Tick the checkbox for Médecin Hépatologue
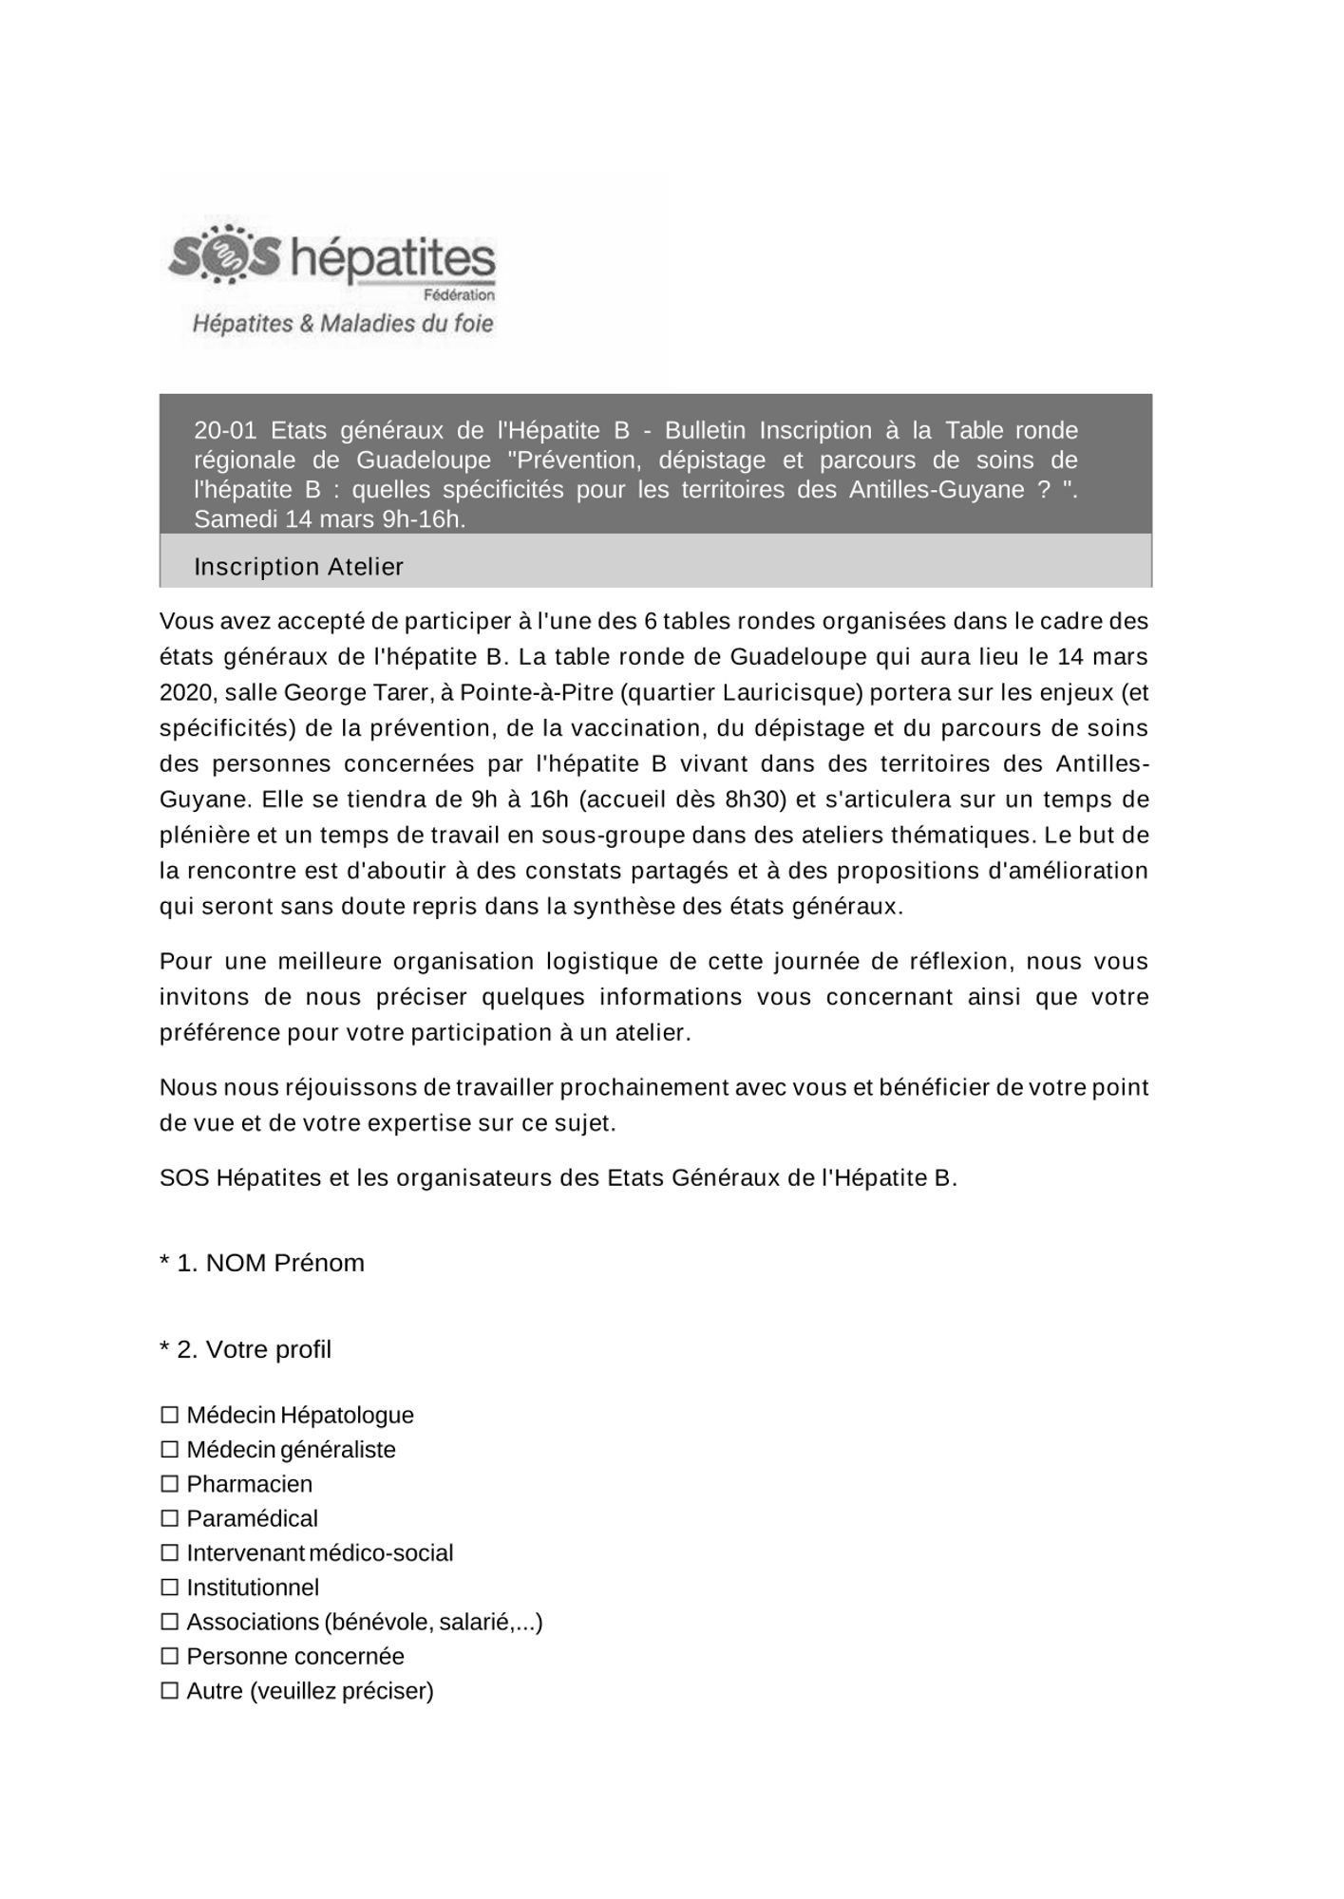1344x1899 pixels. click(x=170, y=1416)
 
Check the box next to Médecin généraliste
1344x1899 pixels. click(x=170, y=1450)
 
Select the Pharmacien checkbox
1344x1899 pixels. click(x=170, y=1484)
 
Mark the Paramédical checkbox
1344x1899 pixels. click(x=170, y=1519)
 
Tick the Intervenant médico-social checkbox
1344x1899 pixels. click(x=170, y=1553)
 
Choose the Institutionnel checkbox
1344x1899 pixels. click(x=170, y=1588)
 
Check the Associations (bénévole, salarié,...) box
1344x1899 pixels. click(x=170, y=1623)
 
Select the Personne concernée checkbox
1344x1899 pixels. click(x=170, y=1657)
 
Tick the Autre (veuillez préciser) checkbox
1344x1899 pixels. click(x=170, y=1691)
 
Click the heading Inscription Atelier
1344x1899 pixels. click(x=298, y=567)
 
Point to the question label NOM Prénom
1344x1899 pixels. click(x=284, y=1263)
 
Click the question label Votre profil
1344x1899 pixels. click(x=268, y=1349)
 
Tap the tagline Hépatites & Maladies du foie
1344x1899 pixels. click(x=343, y=324)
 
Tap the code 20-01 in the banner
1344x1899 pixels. click(x=225, y=430)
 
